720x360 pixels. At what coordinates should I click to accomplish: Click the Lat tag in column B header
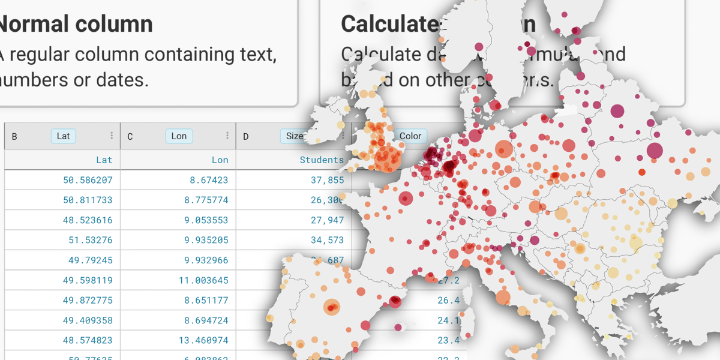point(63,136)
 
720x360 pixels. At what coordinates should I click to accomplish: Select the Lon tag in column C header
point(179,136)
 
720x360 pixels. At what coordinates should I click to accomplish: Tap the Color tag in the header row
point(410,136)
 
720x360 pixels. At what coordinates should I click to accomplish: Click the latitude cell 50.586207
point(88,180)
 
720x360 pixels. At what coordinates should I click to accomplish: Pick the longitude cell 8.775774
point(206,200)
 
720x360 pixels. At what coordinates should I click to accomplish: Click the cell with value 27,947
point(328,220)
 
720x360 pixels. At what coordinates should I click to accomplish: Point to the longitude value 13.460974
point(203,340)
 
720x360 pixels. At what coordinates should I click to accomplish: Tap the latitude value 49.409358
point(88,320)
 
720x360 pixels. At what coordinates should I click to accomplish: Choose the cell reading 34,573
point(328,240)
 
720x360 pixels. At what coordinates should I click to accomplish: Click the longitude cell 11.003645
point(203,280)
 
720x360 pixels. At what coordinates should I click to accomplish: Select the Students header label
point(322,160)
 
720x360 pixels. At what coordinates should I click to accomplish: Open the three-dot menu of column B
point(112,136)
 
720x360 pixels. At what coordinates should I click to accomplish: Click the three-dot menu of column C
point(227,136)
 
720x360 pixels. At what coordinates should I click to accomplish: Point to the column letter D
point(246,137)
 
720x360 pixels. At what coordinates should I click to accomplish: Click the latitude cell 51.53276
point(91,240)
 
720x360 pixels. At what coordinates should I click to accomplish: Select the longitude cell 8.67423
point(209,180)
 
